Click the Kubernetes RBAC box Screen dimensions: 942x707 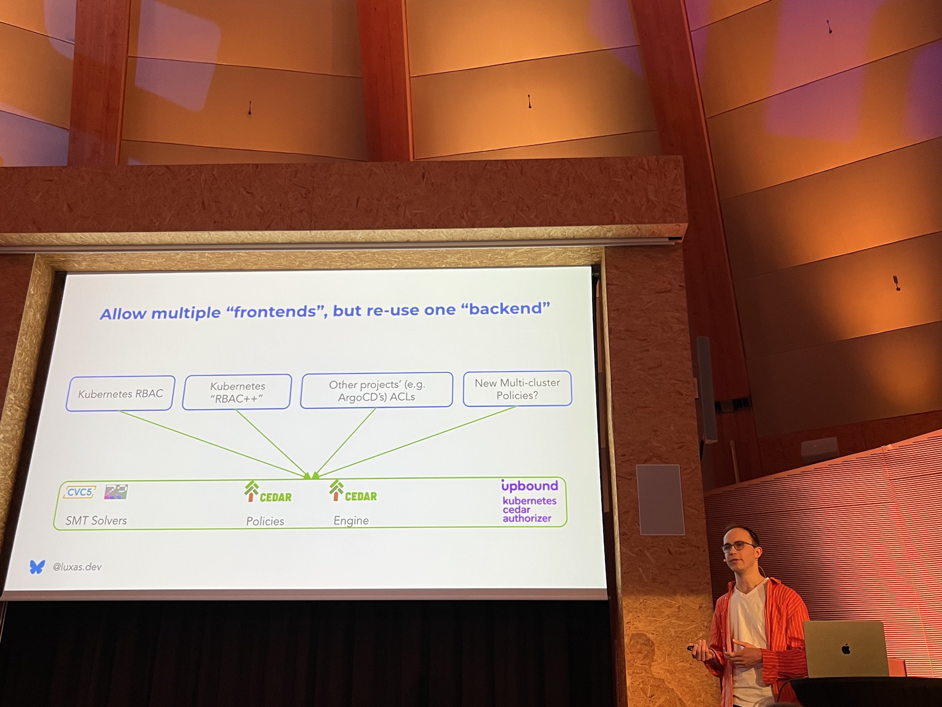pos(121,394)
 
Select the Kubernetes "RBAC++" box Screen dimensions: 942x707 pos(237,392)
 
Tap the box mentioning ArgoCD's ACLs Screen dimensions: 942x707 pos(377,390)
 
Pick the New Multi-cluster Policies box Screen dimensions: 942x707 pos(517,389)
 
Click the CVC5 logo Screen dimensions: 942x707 pos(80,493)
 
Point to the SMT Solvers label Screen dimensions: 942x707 pos(96,520)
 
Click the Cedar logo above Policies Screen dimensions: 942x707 pos(268,492)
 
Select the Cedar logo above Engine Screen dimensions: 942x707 pos(353,491)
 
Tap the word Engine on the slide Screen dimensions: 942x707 pos(351,520)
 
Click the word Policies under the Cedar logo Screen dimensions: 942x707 pos(265,521)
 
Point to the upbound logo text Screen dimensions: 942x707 pos(529,485)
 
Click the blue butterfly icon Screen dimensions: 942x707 pos(37,567)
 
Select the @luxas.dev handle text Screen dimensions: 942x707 pos(77,567)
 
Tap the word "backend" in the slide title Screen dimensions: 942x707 pos(505,309)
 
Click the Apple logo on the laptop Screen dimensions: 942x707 pos(846,649)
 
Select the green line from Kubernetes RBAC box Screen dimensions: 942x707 pos(213,444)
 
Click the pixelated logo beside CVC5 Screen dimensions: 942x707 pos(116,492)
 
